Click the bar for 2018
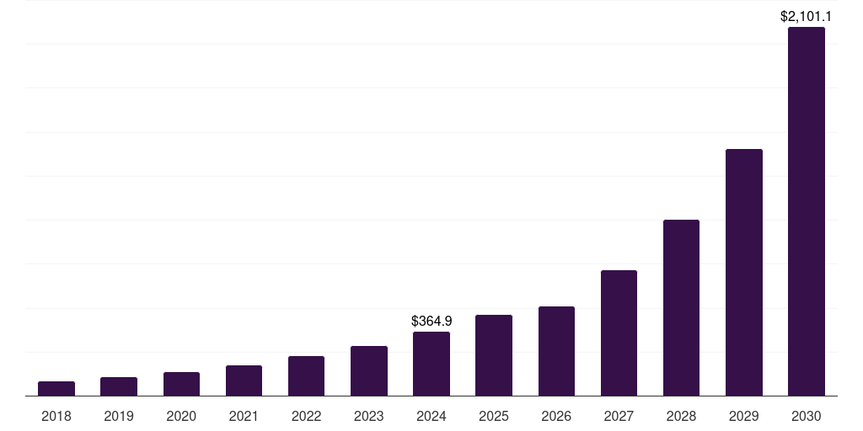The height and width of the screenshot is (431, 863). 56,388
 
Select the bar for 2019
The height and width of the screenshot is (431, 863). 119,386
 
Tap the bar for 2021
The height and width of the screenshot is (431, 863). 244,380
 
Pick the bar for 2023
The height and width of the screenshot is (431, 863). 369,370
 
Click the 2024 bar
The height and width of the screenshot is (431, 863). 431,364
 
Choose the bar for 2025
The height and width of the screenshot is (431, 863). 494,355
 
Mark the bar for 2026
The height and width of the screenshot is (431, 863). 556,351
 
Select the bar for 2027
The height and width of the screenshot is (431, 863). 619,333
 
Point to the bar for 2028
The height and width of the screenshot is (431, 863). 681,307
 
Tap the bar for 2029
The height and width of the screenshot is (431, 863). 744,272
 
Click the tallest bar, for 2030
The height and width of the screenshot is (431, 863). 807,211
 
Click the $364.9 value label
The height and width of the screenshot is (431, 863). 431,321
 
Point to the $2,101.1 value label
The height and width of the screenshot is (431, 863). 807,16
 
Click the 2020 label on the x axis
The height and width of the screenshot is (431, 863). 181,416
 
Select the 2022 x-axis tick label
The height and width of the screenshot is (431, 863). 306,416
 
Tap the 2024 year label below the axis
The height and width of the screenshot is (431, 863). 431,416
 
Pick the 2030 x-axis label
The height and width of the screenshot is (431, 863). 807,416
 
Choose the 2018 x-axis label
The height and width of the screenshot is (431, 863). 56,416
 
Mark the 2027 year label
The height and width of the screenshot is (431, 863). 619,416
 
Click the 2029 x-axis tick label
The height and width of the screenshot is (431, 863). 744,416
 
